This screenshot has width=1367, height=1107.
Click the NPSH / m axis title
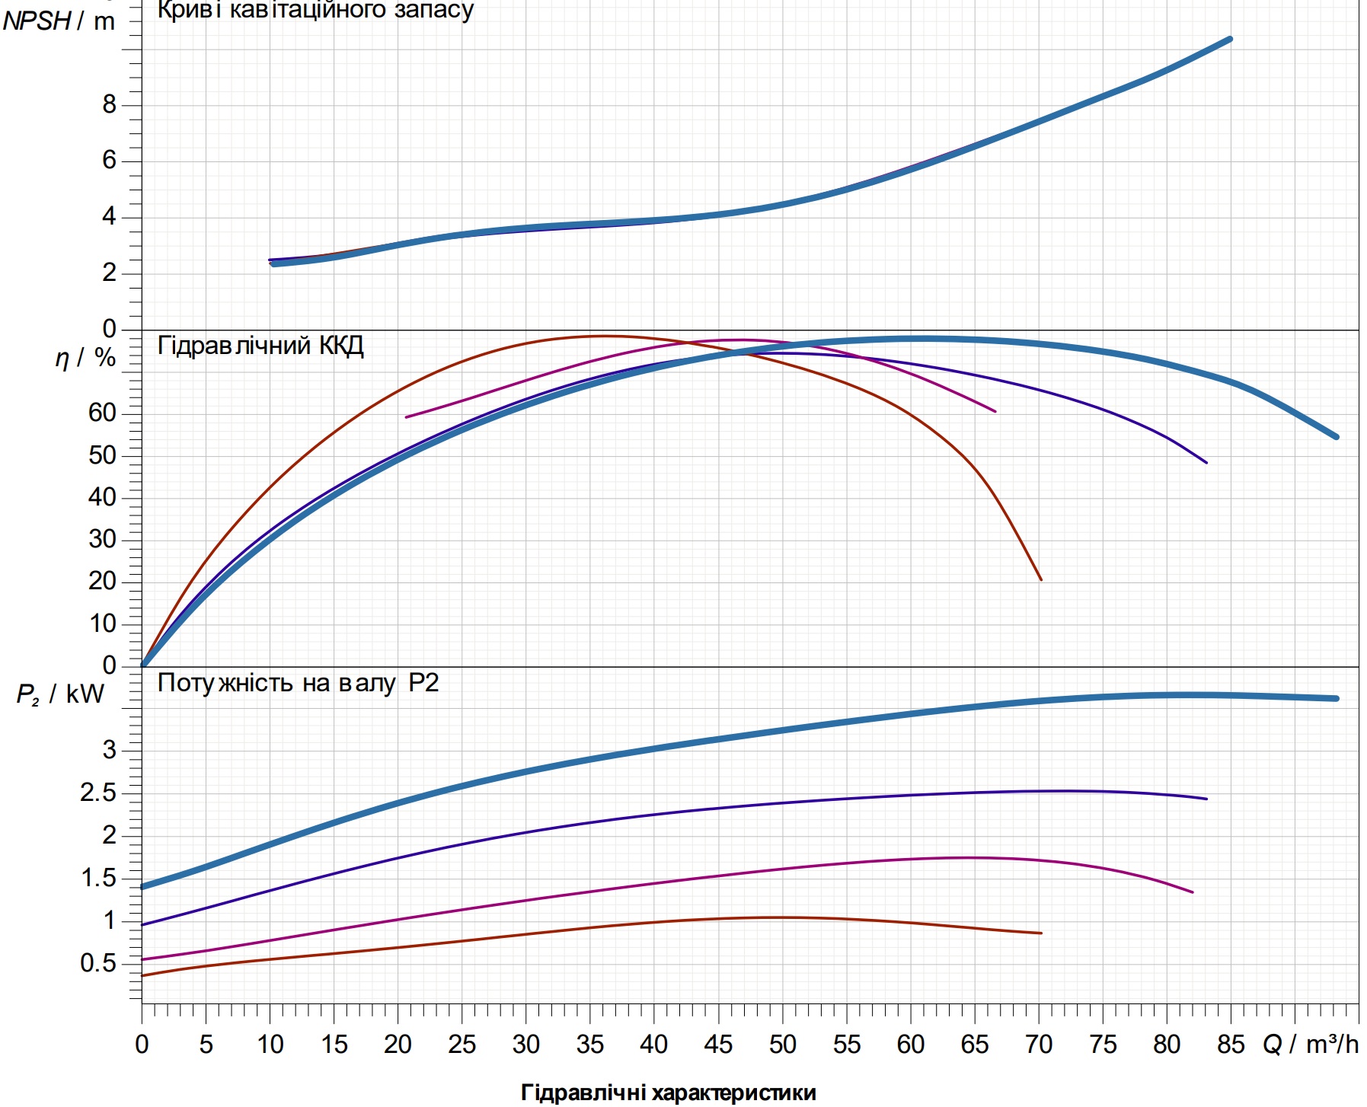(59, 21)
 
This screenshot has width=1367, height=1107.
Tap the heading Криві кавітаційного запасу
(315, 11)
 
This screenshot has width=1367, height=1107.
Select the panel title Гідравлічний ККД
(260, 346)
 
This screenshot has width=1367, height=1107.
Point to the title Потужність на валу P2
(298, 683)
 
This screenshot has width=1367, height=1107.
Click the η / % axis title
(85, 358)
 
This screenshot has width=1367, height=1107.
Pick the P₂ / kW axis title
(61, 694)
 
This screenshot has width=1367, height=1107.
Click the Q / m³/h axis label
(1311, 1044)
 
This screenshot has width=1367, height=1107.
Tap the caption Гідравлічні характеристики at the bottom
(669, 1093)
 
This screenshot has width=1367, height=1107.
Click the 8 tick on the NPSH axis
(110, 105)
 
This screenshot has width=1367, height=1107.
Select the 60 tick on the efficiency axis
(102, 413)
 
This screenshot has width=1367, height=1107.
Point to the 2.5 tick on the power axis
(99, 793)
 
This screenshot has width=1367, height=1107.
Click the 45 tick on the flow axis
(718, 1044)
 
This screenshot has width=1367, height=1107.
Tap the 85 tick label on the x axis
(1231, 1044)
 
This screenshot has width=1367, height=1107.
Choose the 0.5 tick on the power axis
(99, 963)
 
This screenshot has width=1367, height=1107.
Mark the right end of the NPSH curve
(1230, 39)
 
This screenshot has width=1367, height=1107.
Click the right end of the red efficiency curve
(1041, 580)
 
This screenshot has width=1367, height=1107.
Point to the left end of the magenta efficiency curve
(406, 417)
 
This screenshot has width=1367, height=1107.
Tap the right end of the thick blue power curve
(1337, 698)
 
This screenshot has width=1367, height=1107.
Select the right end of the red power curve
(1041, 933)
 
